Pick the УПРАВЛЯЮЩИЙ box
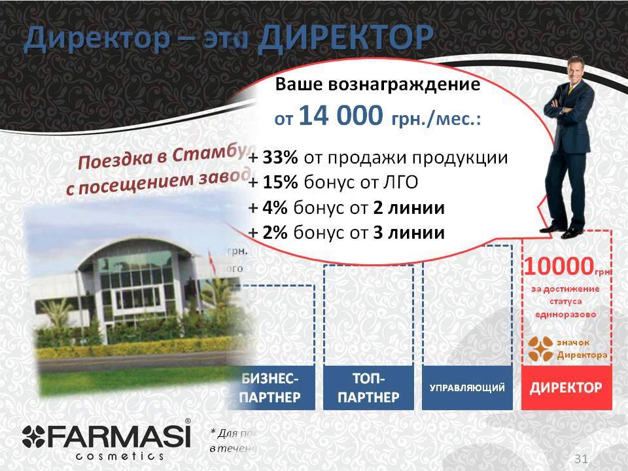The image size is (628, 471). coord(466,387)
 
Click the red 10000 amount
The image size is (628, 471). coord(557,266)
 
